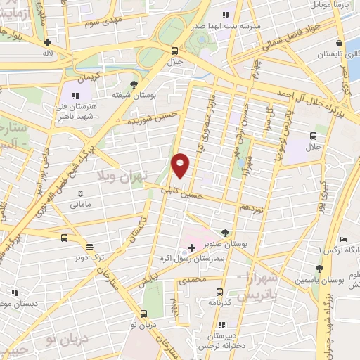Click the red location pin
click(x=181, y=165)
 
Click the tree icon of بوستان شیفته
click(x=134, y=84)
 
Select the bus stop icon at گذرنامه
click(x=220, y=291)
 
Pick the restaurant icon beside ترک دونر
click(x=89, y=246)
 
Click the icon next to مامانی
click(x=81, y=193)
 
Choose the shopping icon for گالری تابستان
click(x=339, y=43)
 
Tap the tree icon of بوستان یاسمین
click(x=319, y=268)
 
